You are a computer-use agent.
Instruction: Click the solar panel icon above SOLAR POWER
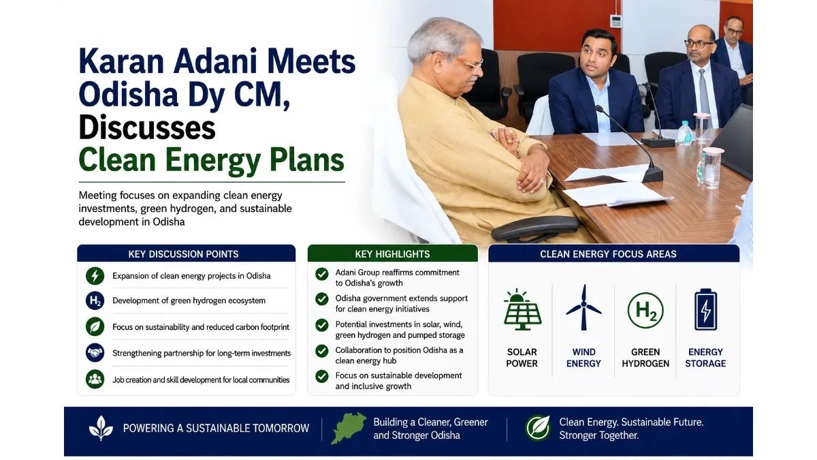click(x=522, y=309)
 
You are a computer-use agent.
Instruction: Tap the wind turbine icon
click(x=583, y=307)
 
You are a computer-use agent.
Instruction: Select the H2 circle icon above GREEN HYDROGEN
click(x=645, y=310)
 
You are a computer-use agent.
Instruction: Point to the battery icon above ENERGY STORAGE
click(x=706, y=309)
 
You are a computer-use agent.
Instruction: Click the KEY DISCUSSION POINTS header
click(x=183, y=254)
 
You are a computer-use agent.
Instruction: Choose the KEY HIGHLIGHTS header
click(x=392, y=254)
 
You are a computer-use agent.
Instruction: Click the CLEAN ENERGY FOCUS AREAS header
click(x=608, y=254)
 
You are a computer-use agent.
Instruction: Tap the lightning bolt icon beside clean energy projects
click(x=95, y=275)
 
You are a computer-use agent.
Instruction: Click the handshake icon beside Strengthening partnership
click(x=95, y=353)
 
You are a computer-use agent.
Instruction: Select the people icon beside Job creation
click(x=95, y=380)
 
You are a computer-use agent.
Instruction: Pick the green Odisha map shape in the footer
click(x=349, y=428)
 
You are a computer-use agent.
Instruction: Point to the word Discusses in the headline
click(x=147, y=128)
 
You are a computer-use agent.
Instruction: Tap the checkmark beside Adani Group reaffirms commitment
click(x=321, y=274)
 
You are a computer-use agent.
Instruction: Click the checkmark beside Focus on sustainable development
click(x=321, y=376)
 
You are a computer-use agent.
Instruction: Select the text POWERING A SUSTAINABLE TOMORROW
click(x=216, y=428)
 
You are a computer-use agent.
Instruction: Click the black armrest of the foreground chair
click(x=535, y=227)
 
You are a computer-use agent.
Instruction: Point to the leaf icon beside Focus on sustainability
click(x=95, y=326)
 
